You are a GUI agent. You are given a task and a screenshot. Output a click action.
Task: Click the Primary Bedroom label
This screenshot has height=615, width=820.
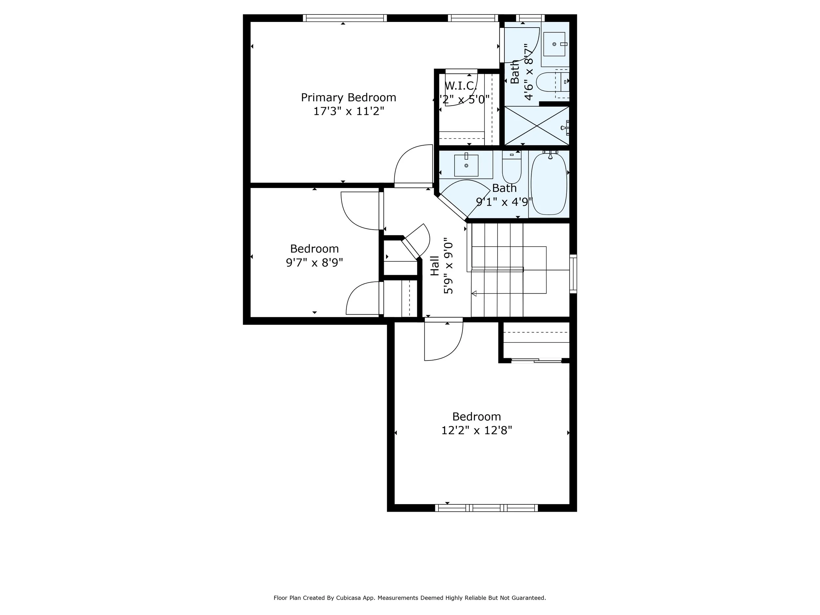(x=348, y=97)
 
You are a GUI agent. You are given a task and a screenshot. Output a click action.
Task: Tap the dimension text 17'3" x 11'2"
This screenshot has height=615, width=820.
(x=348, y=111)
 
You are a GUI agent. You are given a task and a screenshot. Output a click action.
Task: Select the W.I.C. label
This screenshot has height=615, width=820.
(x=460, y=86)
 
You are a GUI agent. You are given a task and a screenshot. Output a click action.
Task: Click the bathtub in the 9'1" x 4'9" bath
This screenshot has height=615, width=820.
(x=549, y=184)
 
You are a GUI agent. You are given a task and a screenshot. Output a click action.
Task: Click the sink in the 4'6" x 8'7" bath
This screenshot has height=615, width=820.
(x=554, y=44)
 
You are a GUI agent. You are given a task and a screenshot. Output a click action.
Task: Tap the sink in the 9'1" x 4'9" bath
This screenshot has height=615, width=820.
(x=466, y=165)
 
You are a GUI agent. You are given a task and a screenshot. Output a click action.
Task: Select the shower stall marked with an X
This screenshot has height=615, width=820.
(x=536, y=126)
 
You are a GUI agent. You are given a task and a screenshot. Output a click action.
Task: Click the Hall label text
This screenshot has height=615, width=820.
(x=435, y=266)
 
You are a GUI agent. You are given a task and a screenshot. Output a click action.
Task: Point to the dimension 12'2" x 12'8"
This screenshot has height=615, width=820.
(x=476, y=430)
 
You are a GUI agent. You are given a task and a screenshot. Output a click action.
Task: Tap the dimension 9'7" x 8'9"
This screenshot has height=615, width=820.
(x=314, y=263)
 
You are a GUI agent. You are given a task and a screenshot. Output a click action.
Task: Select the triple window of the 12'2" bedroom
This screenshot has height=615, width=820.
(x=486, y=508)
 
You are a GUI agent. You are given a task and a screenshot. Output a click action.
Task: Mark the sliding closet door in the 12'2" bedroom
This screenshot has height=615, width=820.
(x=536, y=360)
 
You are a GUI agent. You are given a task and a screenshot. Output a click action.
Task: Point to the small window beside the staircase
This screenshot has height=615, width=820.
(x=573, y=274)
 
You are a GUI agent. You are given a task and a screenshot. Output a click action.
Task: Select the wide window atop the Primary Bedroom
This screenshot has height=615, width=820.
(x=345, y=18)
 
